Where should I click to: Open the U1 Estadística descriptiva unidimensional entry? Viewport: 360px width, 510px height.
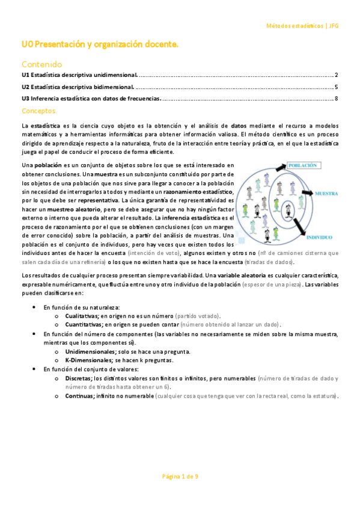(79, 75)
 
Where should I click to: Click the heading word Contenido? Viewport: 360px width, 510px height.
(41, 64)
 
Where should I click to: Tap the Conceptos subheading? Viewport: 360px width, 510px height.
(39, 111)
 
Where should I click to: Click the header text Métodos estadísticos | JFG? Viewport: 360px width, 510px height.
(302, 26)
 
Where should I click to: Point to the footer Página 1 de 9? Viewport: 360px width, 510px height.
(180, 476)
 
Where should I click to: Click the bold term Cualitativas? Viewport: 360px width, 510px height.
(82, 316)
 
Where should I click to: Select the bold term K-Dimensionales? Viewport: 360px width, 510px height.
(90, 360)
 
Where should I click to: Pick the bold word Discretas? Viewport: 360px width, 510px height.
(79, 378)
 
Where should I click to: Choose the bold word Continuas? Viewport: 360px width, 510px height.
(79, 396)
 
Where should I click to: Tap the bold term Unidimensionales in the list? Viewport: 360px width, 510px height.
(91, 351)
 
